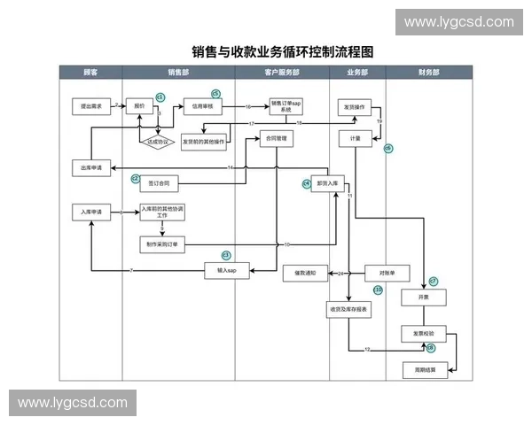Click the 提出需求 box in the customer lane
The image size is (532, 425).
90,106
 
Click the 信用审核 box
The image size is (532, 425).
201,106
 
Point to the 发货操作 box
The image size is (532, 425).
355,106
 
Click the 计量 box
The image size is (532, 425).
355,139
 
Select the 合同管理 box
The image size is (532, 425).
277,138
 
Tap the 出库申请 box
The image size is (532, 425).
90,167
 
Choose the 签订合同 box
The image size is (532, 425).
159,183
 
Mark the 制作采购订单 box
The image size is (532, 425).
162,243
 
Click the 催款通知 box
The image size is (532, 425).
306,273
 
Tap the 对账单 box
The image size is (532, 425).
387,273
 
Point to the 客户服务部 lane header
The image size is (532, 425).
281,72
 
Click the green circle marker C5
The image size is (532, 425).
215,93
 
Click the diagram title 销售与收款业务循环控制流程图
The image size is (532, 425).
283,52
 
